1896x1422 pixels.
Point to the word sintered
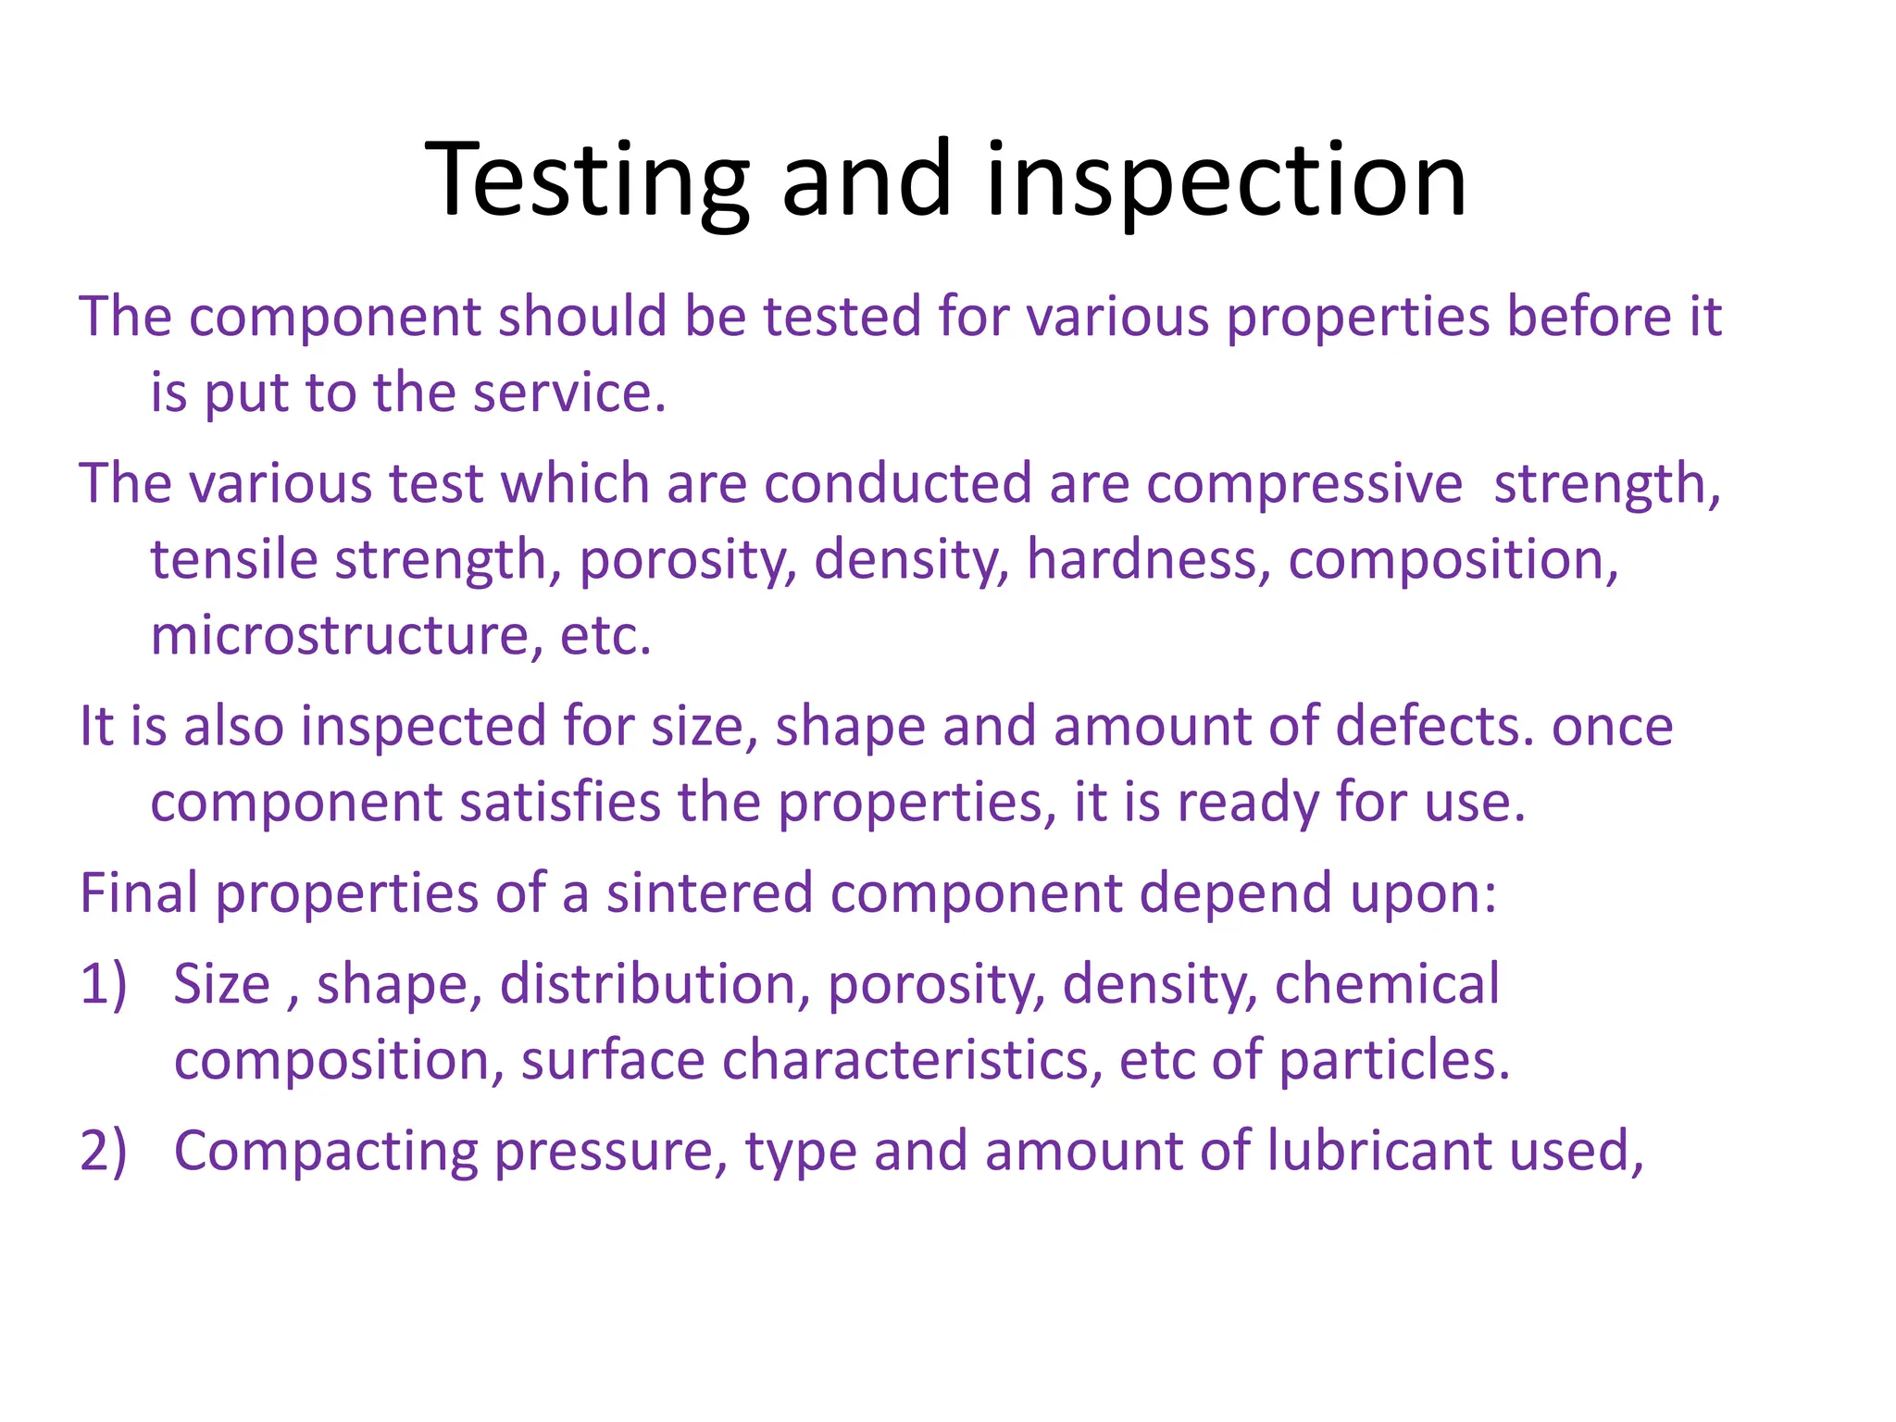pos(709,893)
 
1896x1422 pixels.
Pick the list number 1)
pos(103,984)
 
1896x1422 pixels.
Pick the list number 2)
pos(103,1152)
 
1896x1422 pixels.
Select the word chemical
pos(1387,984)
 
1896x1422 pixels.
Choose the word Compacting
pos(325,1152)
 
